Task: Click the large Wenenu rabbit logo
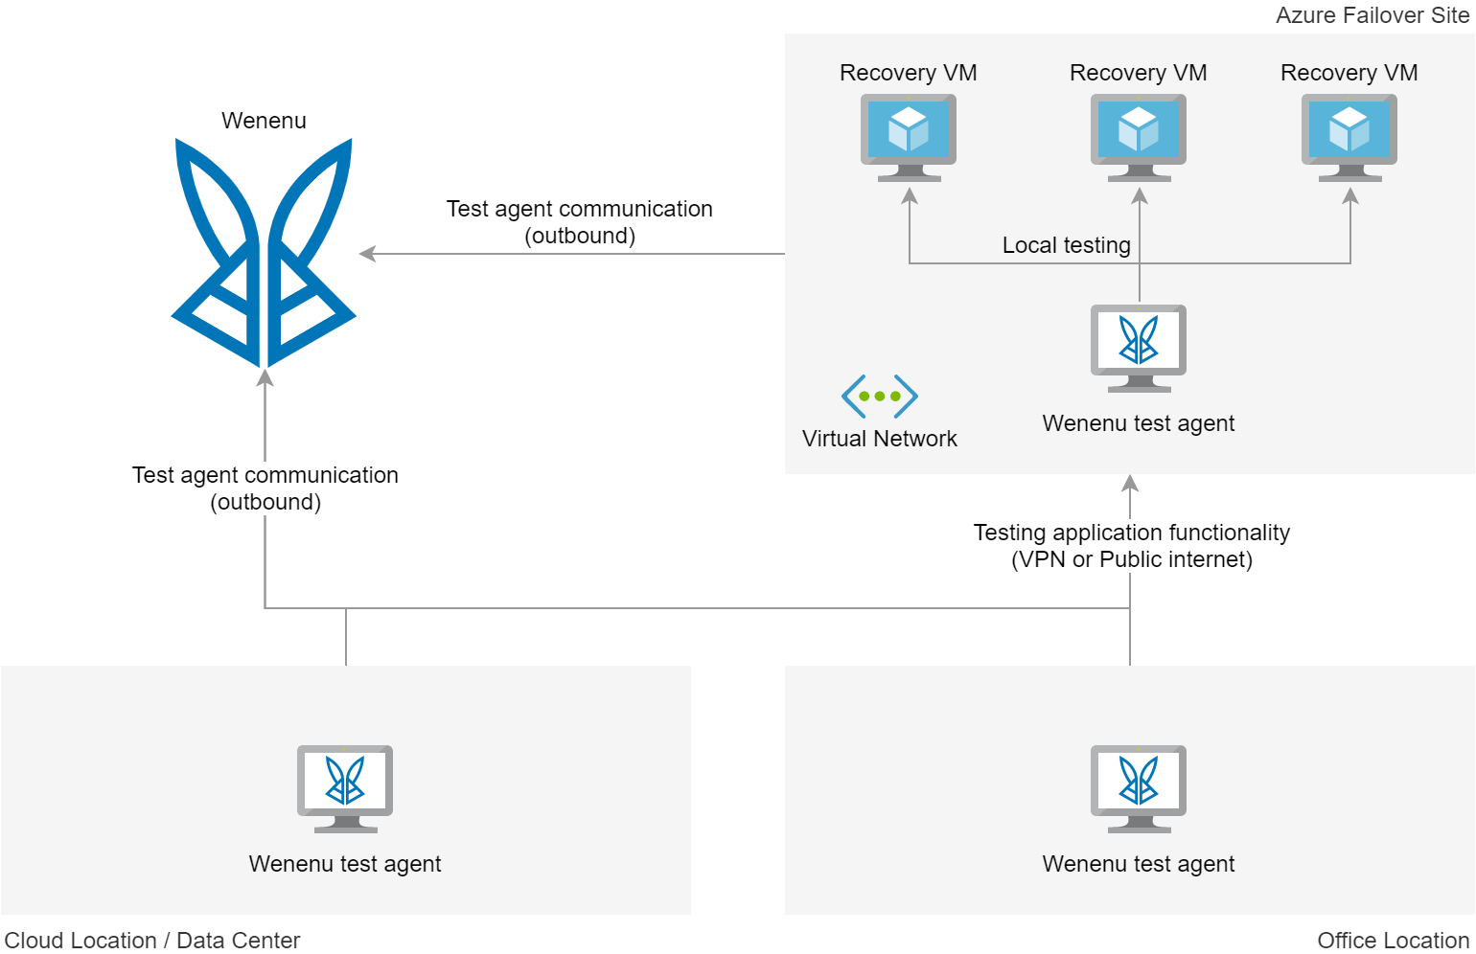click(x=264, y=253)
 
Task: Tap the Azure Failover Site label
click(x=1372, y=15)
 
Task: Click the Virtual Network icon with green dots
click(x=880, y=396)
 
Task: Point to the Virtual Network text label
click(x=880, y=439)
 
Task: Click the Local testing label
click(x=1066, y=245)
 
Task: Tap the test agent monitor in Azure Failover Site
click(x=1139, y=348)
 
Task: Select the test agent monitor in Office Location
click(x=1139, y=788)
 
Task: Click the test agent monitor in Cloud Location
click(x=345, y=788)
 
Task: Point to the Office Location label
click(x=1393, y=941)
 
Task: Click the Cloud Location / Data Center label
click(x=152, y=941)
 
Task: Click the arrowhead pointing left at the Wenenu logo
click(x=366, y=254)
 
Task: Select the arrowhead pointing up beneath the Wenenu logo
click(x=265, y=377)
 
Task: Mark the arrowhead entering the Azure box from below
click(x=1130, y=482)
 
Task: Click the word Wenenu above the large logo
click(x=264, y=121)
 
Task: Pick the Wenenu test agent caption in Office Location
click(x=1139, y=864)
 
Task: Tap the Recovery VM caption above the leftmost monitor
click(x=909, y=73)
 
